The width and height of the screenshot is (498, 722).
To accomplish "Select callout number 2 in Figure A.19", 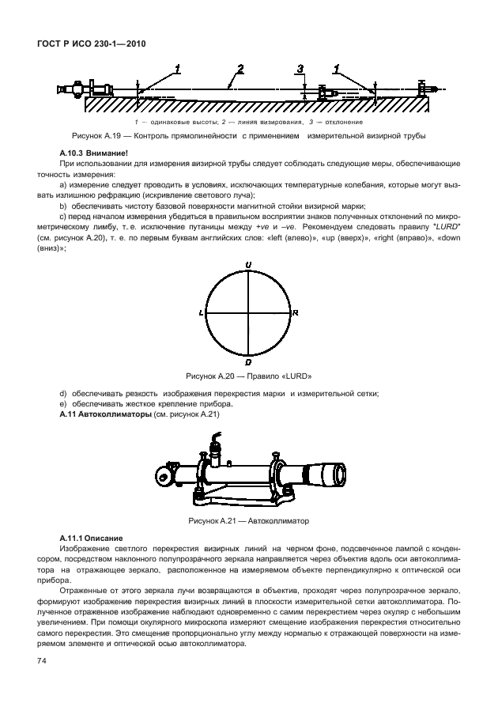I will coord(240,69).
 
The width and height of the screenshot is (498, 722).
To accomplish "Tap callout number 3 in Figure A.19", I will coord(301,70).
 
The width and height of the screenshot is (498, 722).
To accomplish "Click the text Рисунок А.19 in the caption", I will coord(94,135).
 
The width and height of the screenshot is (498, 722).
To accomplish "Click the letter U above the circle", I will coord(248,263).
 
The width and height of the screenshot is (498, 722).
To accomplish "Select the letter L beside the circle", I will coord(202,313).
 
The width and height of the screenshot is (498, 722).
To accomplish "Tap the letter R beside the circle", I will coord(295,313).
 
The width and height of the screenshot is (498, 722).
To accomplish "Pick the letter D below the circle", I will coord(248,362).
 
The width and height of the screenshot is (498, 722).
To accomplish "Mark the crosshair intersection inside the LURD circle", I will coord(248,313).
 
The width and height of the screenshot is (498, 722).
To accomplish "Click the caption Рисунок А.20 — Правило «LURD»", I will coord(248,376).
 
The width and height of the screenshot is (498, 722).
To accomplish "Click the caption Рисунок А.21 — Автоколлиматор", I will coord(248,521).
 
